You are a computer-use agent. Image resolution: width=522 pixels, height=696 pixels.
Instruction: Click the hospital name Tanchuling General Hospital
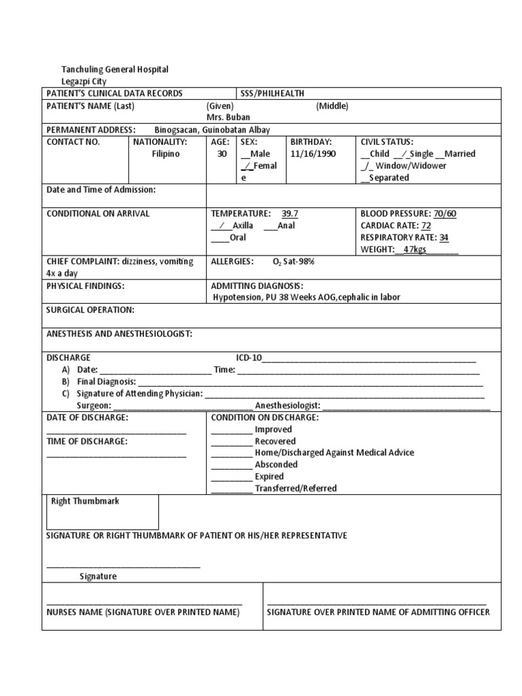click(x=115, y=69)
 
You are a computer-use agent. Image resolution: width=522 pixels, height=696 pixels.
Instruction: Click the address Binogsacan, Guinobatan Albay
click(x=211, y=129)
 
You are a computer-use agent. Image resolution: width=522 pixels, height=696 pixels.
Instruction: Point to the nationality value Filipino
click(x=166, y=154)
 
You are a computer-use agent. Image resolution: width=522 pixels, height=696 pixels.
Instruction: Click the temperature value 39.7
click(x=290, y=213)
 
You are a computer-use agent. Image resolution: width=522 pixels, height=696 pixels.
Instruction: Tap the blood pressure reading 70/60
click(x=445, y=213)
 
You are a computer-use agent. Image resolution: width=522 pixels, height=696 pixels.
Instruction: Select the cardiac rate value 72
click(x=426, y=226)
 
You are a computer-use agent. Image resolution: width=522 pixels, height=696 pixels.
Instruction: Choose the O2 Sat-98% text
click(x=294, y=262)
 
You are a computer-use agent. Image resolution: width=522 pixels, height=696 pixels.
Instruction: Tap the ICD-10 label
click(x=248, y=358)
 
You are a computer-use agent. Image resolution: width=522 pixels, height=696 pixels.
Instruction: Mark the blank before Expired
click(x=231, y=477)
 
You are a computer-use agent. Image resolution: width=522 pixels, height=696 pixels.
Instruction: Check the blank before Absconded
click(x=231, y=465)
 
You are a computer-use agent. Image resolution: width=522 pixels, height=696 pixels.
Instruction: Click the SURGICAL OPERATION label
click(x=90, y=310)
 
